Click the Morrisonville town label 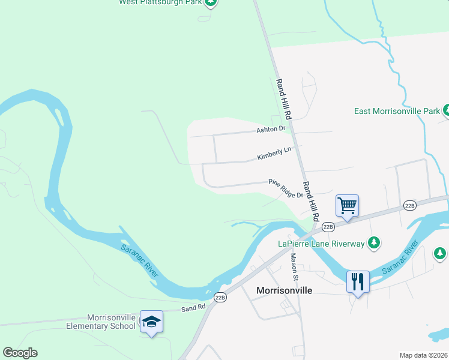pyautogui.click(x=284, y=290)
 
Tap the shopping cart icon pyautogui.click(x=348, y=206)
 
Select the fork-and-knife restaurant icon pyautogui.click(x=358, y=281)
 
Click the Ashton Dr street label pyautogui.click(x=271, y=129)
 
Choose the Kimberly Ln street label pyautogui.click(x=274, y=154)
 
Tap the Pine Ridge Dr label pyautogui.click(x=286, y=188)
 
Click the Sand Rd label pyautogui.click(x=193, y=307)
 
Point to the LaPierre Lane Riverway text pyautogui.click(x=321, y=244)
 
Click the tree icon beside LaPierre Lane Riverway pyautogui.click(x=375, y=242)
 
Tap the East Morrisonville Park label pyautogui.click(x=397, y=112)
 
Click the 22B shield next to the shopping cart pyautogui.click(x=328, y=227)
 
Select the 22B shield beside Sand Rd pyautogui.click(x=220, y=297)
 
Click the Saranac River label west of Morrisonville pyautogui.click(x=139, y=260)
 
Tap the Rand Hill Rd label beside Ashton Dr pyautogui.click(x=283, y=97)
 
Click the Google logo pyautogui.click(x=20, y=353)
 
